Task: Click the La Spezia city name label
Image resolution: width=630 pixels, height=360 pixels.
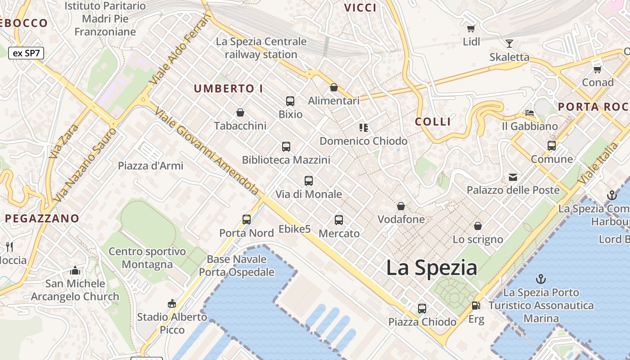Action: click(432, 268)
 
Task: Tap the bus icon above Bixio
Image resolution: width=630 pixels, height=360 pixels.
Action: click(290, 101)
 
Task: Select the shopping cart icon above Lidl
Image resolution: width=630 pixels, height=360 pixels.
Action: click(471, 29)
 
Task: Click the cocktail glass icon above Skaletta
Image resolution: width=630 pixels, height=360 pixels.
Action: click(509, 44)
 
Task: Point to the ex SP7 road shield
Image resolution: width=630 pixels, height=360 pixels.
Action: click(26, 53)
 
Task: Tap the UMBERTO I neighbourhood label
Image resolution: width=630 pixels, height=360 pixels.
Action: click(228, 89)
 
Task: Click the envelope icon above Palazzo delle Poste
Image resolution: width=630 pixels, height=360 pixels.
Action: click(513, 177)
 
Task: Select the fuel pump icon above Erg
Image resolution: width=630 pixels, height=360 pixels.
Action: click(476, 306)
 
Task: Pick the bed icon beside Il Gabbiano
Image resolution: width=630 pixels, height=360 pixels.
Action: click(530, 112)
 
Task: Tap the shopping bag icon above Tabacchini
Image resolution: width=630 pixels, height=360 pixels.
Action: click(240, 112)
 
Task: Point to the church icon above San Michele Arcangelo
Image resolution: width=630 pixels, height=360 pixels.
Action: click(75, 270)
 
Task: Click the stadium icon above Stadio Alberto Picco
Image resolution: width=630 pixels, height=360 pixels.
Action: click(171, 304)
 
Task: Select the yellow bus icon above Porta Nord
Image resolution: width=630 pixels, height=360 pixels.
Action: click(247, 220)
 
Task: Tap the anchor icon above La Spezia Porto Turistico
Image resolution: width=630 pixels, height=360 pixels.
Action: click(541, 279)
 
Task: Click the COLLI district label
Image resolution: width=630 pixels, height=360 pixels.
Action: click(432, 121)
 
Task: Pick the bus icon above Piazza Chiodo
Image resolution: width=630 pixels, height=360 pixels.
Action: click(422, 309)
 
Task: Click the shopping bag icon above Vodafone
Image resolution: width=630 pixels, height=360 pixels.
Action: click(401, 207)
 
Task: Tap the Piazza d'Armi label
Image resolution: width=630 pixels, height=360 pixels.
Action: click(151, 166)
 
